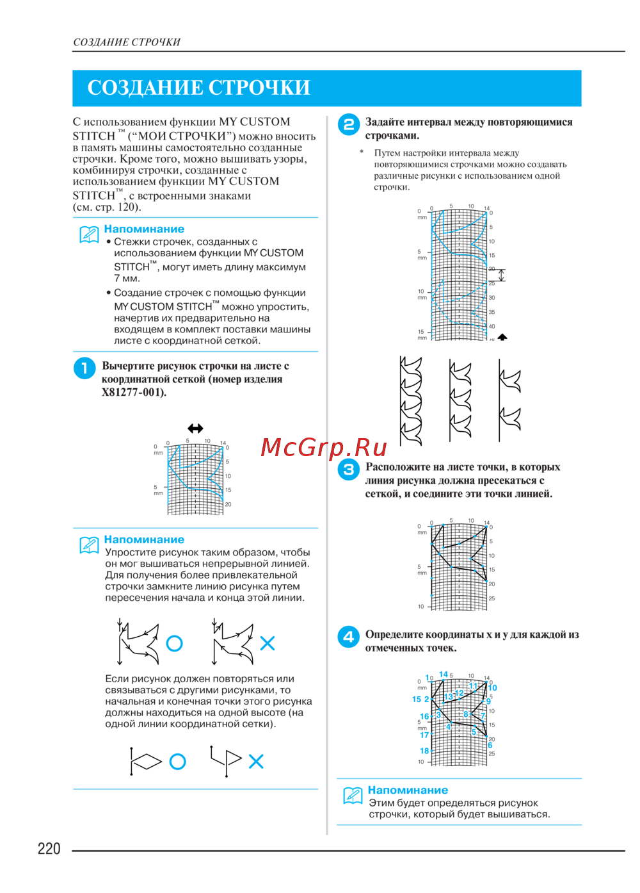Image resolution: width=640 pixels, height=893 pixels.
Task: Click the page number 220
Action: coord(49,849)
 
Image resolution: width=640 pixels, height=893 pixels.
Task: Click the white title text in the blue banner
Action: coord(198,88)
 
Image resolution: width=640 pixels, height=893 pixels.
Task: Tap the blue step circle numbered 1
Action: coord(84,368)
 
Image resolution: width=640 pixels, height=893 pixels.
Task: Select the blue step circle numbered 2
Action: coord(349,125)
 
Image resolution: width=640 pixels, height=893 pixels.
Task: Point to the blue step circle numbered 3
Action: coord(349,470)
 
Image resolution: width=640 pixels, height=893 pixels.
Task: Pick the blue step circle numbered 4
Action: coord(349,637)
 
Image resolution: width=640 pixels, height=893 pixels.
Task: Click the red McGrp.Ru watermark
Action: coord(324,447)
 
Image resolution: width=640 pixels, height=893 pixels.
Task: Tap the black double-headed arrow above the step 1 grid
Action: coord(195,429)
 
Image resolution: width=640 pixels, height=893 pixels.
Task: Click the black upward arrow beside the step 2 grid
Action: coord(502,337)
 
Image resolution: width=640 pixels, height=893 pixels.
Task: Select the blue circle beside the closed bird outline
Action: coord(174,643)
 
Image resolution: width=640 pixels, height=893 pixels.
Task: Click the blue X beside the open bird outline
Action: coord(268,643)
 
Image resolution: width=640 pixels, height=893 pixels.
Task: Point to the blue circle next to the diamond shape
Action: coord(177,761)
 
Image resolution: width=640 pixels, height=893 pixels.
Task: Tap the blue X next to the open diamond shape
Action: coord(256,761)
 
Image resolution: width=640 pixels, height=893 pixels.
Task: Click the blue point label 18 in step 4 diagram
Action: coord(424,751)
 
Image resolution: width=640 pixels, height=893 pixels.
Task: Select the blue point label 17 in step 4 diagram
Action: coord(424,735)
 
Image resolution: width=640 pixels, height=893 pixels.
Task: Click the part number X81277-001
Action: coord(134,393)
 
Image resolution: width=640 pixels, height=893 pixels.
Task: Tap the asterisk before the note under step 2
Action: coord(362,152)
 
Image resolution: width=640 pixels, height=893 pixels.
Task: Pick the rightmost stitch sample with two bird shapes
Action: coord(509,400)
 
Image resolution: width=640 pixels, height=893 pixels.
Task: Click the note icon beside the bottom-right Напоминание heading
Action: coord(353,796)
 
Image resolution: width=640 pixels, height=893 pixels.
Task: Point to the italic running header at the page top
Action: coord(127,42)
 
